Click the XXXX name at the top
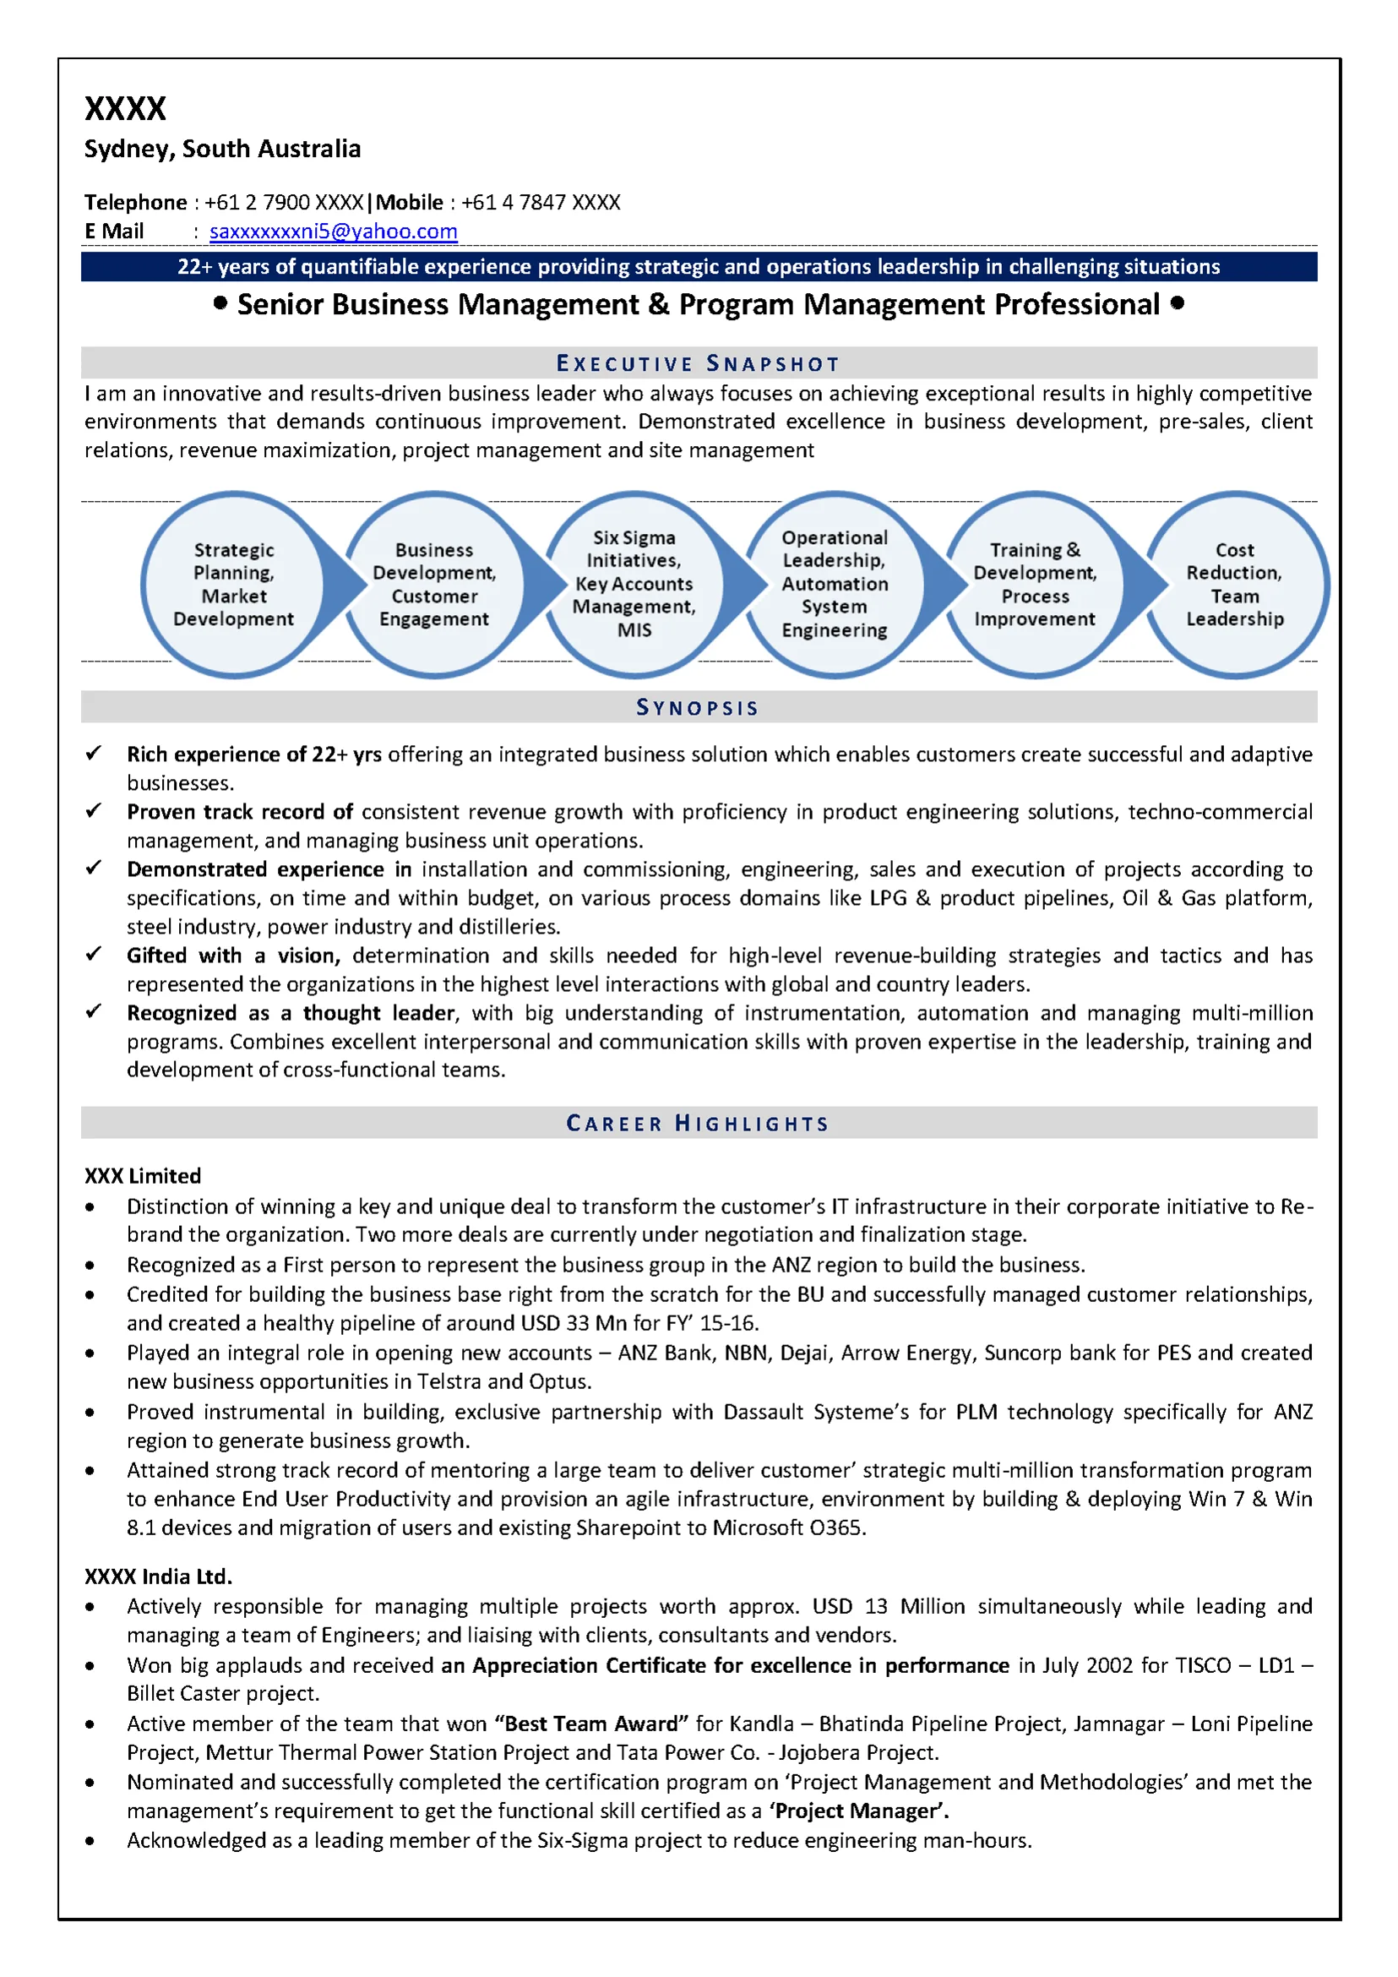(x=125, y=108)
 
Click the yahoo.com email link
(x=333, y=231)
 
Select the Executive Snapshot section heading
(x=698, y=363)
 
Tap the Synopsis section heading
(x=698, y=707)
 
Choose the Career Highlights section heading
(x=698, y=1123)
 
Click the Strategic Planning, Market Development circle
(x=233, y=585)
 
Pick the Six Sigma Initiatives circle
(x=634, y=585)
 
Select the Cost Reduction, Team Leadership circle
(x=1235, y=585)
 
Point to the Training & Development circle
(x=1035, y=585)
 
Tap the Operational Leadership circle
(x=834, y=585)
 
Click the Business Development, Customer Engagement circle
(x=434, y=585)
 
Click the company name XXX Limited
(x=143, y=1176)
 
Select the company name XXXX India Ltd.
(x=159, y=1577)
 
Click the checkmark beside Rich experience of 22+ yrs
(x=94, y=754)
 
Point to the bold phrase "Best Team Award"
(x=591, y=1724)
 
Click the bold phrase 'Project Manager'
(x=858, y=1811)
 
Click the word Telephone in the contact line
(x=135, y=203)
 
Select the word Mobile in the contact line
(x=410, y=203)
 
